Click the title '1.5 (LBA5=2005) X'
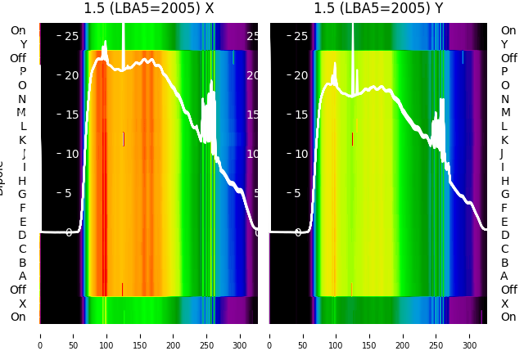pos(149,9)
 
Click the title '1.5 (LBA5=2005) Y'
pos(379,9)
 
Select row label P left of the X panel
pos(22,72)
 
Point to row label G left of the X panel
pos(22,194)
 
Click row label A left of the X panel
pos(22,276)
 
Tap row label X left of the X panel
pos(22,304)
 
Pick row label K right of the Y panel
pos(504,140)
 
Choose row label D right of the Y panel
pos(504,235)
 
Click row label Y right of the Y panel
pos(504,44)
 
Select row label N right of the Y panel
pos(504,99)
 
